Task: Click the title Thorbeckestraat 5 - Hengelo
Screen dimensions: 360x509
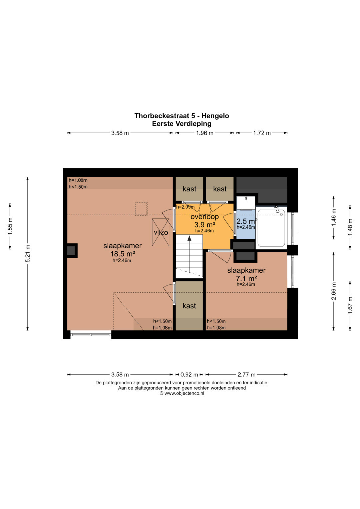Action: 182,116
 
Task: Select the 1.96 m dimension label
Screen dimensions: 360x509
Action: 205,133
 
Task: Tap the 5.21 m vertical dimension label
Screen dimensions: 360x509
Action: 27,253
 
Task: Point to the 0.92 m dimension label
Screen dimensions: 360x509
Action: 189,374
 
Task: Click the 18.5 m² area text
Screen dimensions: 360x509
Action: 123,254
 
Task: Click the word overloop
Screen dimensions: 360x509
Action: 205,217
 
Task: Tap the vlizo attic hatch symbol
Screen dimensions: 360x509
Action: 161,232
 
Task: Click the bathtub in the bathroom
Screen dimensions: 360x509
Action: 271,228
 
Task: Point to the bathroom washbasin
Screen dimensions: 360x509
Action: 246,203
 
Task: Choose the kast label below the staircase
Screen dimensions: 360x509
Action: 189,306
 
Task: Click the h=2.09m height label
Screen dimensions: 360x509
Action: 185,207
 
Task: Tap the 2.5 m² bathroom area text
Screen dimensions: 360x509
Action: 247,221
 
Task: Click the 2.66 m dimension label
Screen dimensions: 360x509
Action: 334,291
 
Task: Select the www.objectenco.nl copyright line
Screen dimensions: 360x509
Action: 182,393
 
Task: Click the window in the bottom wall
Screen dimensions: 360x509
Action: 91,334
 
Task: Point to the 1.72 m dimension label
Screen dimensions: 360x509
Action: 262,133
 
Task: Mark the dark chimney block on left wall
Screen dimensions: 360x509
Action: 72,250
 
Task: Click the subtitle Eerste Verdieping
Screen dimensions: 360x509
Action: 182,124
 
